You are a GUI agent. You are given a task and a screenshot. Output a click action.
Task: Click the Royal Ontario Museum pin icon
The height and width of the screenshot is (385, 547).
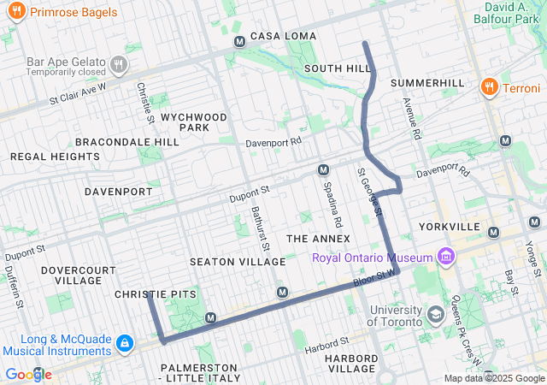tap(445, 257)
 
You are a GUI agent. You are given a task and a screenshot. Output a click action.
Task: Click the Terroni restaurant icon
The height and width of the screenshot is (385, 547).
tap(489, 87)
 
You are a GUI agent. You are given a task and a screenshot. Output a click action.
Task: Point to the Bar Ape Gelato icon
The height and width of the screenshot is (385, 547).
tap(119, 62)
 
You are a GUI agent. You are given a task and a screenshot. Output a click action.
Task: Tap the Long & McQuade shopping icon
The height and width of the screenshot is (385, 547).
tap(125, 343)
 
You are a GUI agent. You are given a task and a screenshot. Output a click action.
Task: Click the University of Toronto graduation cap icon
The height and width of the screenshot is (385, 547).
tap(436, 316)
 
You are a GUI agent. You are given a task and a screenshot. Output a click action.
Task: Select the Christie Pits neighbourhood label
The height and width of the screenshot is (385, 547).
tap(155, 294)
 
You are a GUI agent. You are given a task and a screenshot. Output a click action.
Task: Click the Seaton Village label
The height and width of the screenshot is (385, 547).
tap(225, 261)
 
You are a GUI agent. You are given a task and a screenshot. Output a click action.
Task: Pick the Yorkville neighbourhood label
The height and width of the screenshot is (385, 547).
tap(450, 227)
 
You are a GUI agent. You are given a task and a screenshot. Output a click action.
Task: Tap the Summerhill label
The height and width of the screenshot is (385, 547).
tap(427, 83)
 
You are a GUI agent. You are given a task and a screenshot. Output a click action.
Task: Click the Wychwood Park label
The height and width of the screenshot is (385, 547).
tap(193, 121)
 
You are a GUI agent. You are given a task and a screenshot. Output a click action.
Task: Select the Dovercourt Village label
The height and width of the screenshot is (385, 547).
tap(78, 275)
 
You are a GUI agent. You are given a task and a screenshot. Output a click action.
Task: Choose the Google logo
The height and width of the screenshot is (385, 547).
tap(28, 375)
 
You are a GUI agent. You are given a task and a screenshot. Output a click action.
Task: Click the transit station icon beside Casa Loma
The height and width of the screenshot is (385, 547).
tap(239, 41)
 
